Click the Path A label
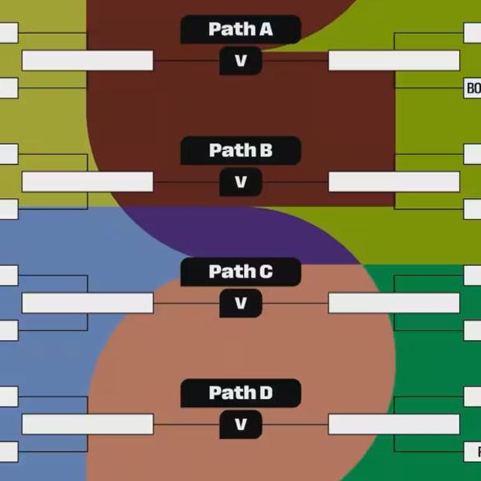240,29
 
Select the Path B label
240,150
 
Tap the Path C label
240,272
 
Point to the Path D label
240,393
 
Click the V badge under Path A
240,60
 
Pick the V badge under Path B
240,182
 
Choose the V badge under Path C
240,303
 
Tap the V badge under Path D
240,424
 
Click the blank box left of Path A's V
88,60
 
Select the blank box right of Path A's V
393,60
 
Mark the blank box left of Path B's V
88,182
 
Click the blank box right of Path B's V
393,182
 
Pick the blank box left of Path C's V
88,303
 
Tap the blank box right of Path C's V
393,303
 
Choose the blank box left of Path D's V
88,424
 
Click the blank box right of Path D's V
393,424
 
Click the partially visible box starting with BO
472,88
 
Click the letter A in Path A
266,29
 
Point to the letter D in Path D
266,393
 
